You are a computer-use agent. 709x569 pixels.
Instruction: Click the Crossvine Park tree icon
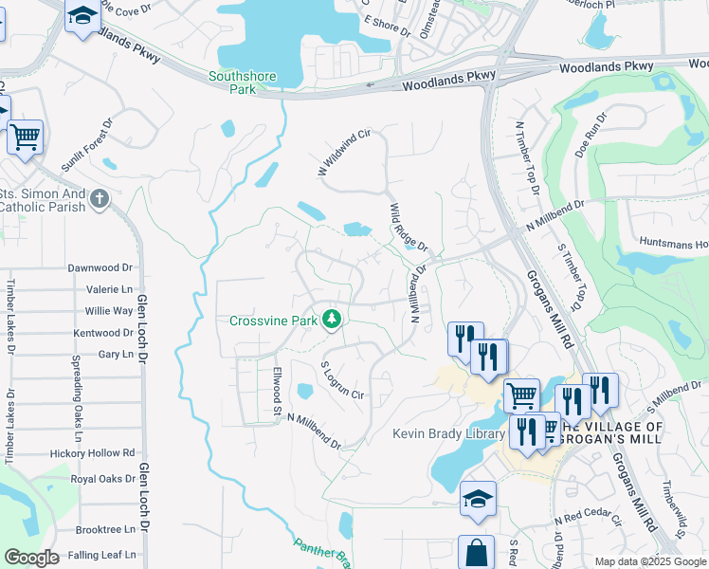pyautogui.click(x=332, y=320)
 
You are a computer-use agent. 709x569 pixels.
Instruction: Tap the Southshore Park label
pyautogui.click(x=232, y=83)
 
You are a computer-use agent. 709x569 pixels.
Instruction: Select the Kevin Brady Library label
pyautogui.click(x=448, y=434)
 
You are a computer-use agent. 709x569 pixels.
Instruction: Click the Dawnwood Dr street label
pyautogui.click(x=100, y=268)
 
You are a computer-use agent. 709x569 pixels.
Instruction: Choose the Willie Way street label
pyautogui.click(x=109, y=311)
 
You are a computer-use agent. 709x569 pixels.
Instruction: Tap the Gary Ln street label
pyautogui.click(x=116, y=354)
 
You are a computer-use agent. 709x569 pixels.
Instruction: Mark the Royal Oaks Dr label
pyautogui.click(x=102, y=479)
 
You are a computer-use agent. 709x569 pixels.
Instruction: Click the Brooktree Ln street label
pyautogui.click(x=104, y=530)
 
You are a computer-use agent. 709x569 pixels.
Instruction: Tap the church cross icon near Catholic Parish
pyautogui.click(x=101, y=199)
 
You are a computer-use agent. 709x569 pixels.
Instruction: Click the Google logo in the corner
pyautogui.click(x=31, y=558)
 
